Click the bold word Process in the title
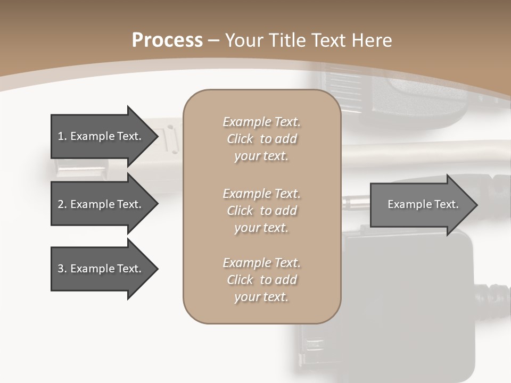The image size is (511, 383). click(167, 40)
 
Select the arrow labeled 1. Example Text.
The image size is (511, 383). click(101, 136)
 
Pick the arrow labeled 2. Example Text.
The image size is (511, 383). click(101, 204)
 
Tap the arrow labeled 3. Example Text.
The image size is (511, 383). click(101, 269)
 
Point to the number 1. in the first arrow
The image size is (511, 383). click(62, 136)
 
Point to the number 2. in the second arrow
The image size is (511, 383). click(62, 204)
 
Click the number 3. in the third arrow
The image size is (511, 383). click(62, 269)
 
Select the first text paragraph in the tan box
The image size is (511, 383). click(261, 139)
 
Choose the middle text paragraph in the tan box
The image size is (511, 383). click(261, 211)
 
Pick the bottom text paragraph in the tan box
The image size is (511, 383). click(261, 280)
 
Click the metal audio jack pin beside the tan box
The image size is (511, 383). click(355, 202)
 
